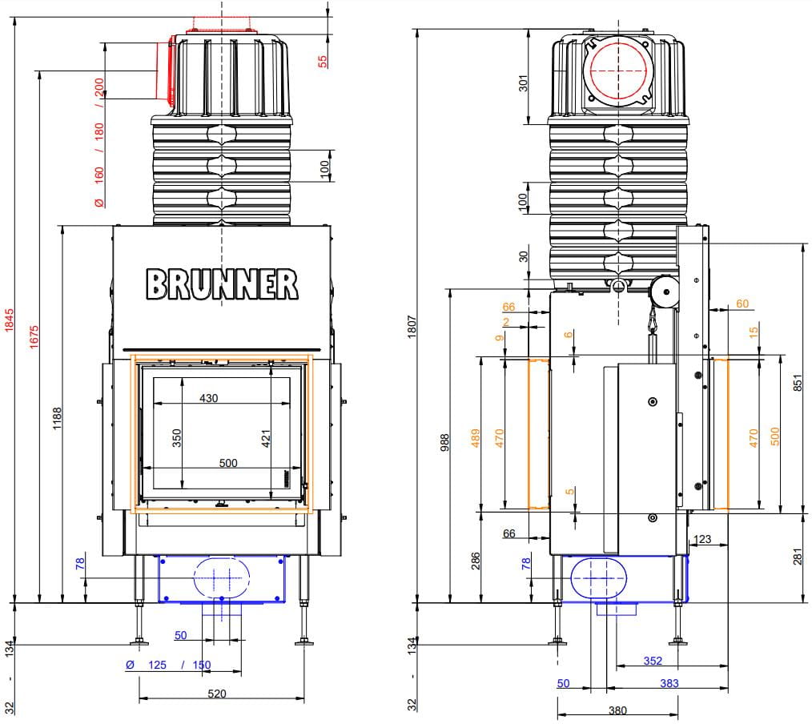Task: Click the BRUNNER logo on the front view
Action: coord(222,284)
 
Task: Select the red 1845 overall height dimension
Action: coord(10,320)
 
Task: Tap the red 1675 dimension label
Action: coord(34,336)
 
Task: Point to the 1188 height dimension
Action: coord(57,418)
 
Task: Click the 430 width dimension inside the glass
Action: coord(209,398)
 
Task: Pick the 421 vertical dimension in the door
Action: coord(266,438)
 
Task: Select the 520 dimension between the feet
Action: coord(217,694)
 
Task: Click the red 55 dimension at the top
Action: coord(323,61)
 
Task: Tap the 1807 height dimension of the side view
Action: coord(412,327)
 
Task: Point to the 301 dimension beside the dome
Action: coord(523,82)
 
